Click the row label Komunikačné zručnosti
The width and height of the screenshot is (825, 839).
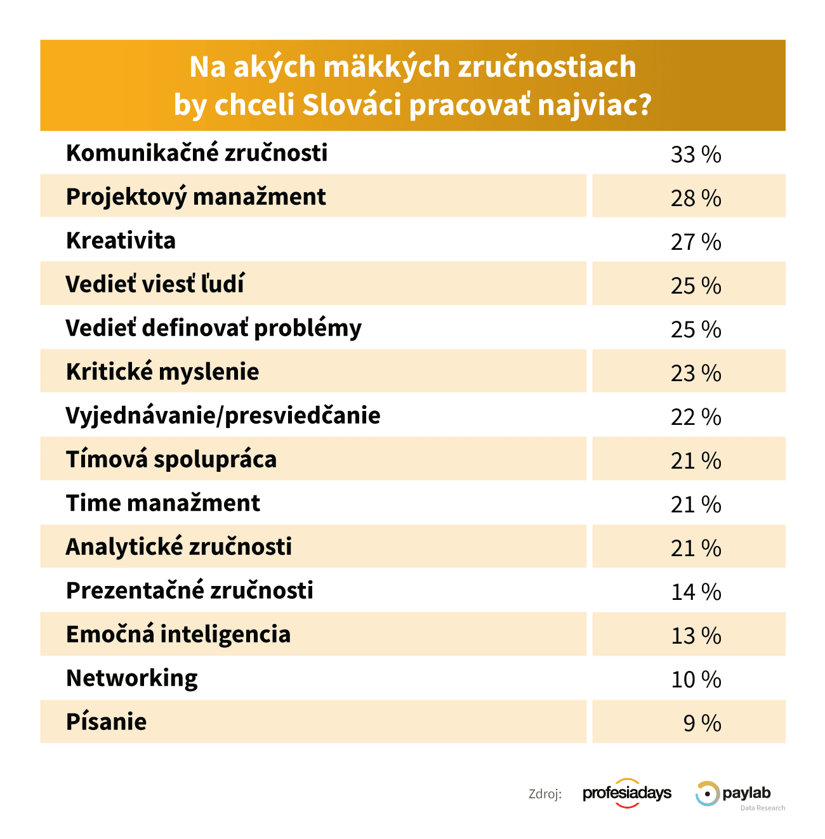point(197,153)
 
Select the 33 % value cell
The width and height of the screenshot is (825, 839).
point(696,154)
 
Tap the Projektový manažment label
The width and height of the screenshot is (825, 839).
point(195,197)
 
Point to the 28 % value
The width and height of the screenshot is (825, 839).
point(696,198)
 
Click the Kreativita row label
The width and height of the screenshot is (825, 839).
point(121,241)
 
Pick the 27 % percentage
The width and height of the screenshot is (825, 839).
point(696,242)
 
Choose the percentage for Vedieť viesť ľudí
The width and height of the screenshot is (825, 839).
point(696,285)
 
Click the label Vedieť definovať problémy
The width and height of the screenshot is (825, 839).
point(213,328)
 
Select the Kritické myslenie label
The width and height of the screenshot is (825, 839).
point(162,372)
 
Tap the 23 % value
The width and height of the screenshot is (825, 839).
point(696,373)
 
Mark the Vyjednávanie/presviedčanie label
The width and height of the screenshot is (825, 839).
point(223,416)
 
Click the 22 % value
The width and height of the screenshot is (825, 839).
point(696,417)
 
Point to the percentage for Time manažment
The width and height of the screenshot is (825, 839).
point(696,504)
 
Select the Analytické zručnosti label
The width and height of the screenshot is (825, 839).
point(179,547)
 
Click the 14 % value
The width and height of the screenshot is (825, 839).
point(696,592)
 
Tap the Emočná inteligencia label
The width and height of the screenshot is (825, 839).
point(178,635)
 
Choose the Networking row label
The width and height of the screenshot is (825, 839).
point(132,679)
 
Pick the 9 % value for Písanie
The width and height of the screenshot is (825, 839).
point(702,723)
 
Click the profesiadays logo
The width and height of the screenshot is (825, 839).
point(627,793)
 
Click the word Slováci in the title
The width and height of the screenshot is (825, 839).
point(352,105)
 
